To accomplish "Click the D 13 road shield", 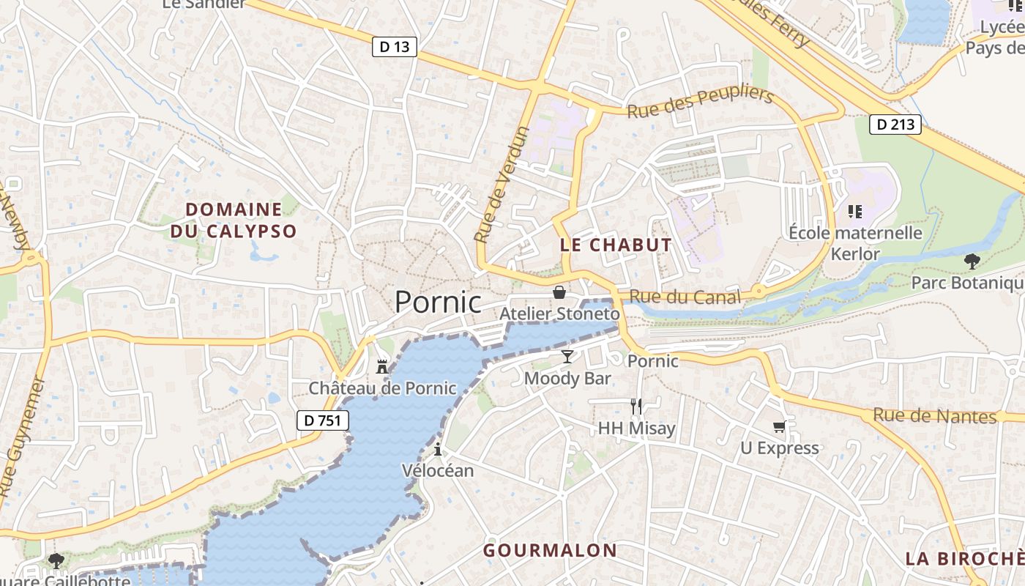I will click(395, 47).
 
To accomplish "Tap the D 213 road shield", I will click(896, 125).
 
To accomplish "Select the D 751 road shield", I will click(323, 420).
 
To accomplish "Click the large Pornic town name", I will click(438, 302).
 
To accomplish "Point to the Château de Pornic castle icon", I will click(382, 366).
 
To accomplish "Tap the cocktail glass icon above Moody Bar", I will click(567, 357).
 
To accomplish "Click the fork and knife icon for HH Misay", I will click(636, 406).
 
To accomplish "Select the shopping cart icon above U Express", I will click(779, 426).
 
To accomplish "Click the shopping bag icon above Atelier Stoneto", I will click(559, 292).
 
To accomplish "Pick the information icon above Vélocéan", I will click(438, 449).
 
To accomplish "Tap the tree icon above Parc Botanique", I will click(972, 261).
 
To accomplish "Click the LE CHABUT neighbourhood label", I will click(616, 245).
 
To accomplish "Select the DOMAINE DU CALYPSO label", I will click(234, 220).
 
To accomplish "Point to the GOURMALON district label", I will click(550, 550).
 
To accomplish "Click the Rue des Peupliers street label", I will click(701, 103).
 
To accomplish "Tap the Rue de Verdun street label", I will click(501, 185).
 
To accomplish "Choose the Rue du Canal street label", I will click(685, 297).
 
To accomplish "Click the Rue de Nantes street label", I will click(934, 416).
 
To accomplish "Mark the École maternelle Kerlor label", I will click(855, 243).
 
